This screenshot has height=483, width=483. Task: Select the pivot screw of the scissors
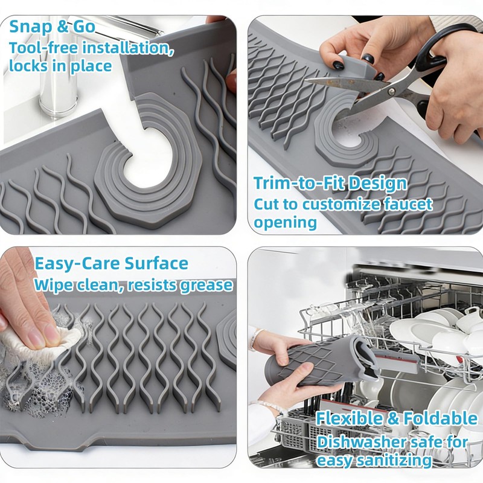tap(392, 91)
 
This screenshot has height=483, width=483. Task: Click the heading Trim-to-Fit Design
tap(330, 184)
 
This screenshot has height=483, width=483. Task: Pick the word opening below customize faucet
tap(285, 222)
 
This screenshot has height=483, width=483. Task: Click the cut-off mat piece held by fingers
tap(356, 66)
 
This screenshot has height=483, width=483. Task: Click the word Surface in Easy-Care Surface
tap(156, 264)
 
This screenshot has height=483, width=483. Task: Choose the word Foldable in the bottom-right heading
tap(441, 418)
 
